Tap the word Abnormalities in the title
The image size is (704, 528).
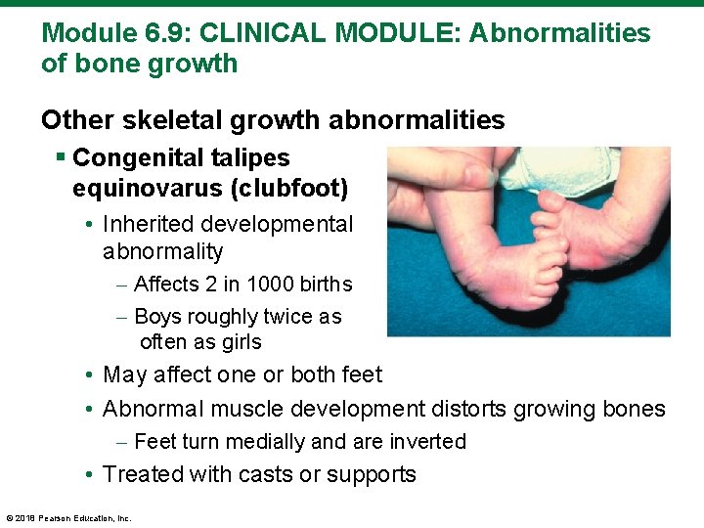click(559, 33)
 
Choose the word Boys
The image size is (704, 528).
click(156, 317)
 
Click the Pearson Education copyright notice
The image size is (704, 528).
click(68, 517)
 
